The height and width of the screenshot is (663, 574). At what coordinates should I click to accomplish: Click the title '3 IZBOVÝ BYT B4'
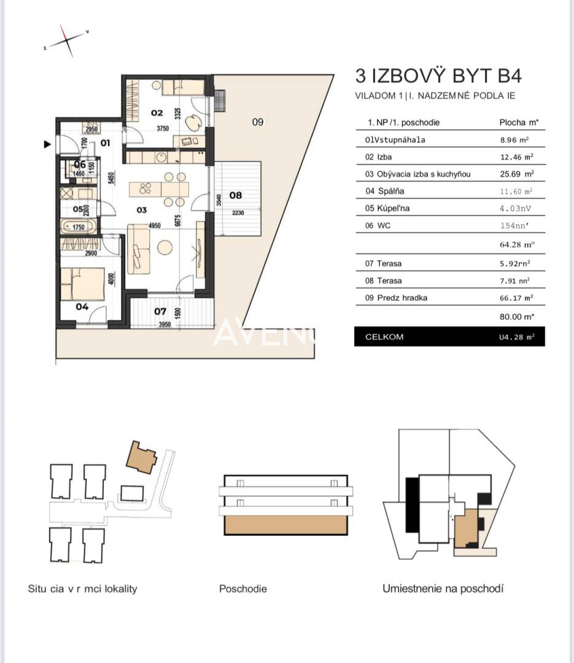(438, 76)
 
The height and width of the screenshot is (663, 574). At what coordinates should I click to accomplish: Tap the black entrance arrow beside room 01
(47, 145)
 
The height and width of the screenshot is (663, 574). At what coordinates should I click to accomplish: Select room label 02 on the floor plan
(157, 112)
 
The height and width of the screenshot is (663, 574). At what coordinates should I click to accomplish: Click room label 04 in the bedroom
(82, 306)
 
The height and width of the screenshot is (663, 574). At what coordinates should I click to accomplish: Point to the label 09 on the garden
(258, 122)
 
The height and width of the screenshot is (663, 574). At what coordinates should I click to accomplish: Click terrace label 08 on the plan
(235, 195)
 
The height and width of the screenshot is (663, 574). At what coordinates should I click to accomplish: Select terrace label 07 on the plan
(160, 311)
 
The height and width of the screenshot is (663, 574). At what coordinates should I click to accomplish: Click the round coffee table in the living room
(165, 247)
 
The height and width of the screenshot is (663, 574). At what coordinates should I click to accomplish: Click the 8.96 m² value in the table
(515, 140)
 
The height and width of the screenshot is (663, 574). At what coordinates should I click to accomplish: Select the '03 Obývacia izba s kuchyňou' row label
(417, 174)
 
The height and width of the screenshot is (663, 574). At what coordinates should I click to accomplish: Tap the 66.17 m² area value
(515, 298)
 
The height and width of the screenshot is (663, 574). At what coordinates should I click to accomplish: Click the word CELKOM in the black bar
(384, 337)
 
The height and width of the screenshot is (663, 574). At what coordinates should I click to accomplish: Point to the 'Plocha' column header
(514, 123)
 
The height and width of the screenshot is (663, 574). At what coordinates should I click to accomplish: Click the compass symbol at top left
(66, 41)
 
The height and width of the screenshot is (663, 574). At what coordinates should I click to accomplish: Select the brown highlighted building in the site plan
(141, 457)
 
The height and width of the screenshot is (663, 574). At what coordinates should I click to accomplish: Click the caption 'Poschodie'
(243, 589)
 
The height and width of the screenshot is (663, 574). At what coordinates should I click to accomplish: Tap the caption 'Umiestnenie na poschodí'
(443, 589)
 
